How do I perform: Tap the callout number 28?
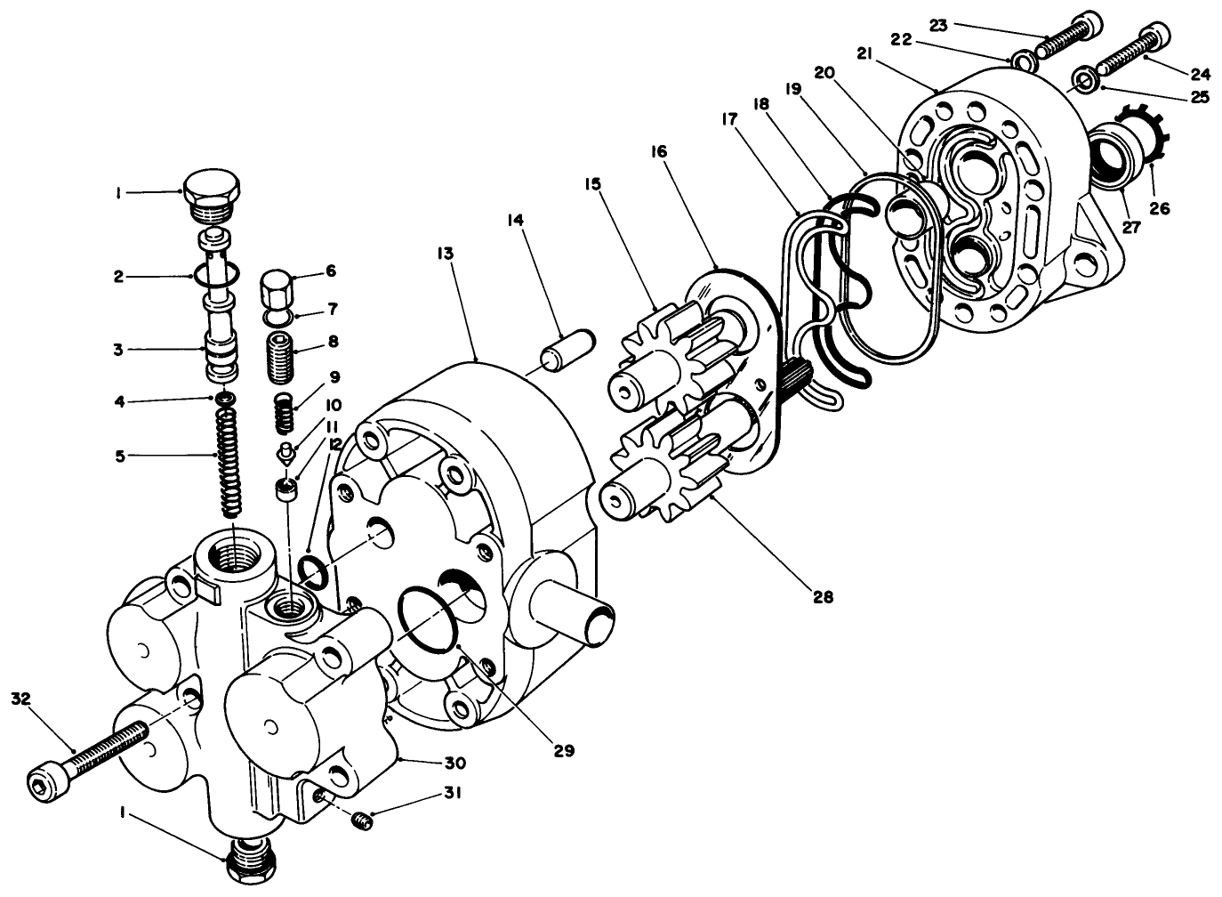click(x=824, y=597)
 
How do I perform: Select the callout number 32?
click(x=21, y=699)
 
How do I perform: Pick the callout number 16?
click(x=682, y=153)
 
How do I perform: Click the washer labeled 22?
click(x=1023, y=61)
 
